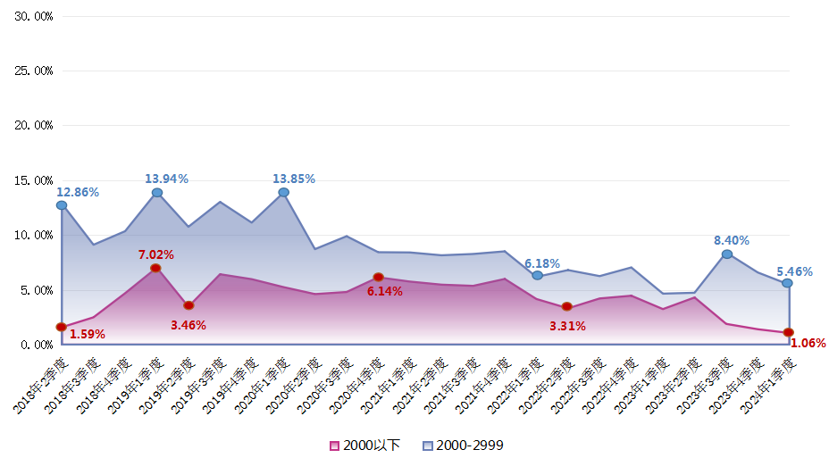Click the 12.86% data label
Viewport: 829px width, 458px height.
(x=78, y=192)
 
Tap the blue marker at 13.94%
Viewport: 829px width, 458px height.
(x=157, y=193)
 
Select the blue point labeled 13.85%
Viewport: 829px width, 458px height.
(x=283, y=192)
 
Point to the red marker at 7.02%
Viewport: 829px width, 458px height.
(x=156, y=268)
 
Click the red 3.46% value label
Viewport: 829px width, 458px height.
(x=188, y=325)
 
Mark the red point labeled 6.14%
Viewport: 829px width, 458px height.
(x=378, y=277)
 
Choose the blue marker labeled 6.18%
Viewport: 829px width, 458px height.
(x=537, y=275)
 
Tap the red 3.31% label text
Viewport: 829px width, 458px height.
(x=567, y=326)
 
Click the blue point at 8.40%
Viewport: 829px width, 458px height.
(x=727, y=254)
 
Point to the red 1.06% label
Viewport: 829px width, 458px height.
(x=808, y=343)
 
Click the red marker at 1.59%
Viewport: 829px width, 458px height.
(x=61, y=327)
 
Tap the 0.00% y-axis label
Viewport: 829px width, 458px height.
(x=37, y=345)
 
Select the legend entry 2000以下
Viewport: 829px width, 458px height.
(x=365, y=445)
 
